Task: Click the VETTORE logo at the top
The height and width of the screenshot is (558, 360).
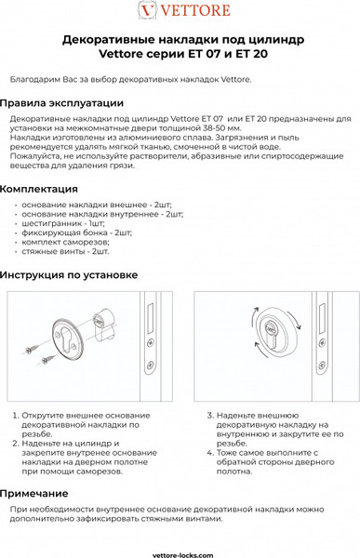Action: coord(180,12)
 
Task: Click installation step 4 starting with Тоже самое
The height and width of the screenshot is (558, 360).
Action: coord(266,462)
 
